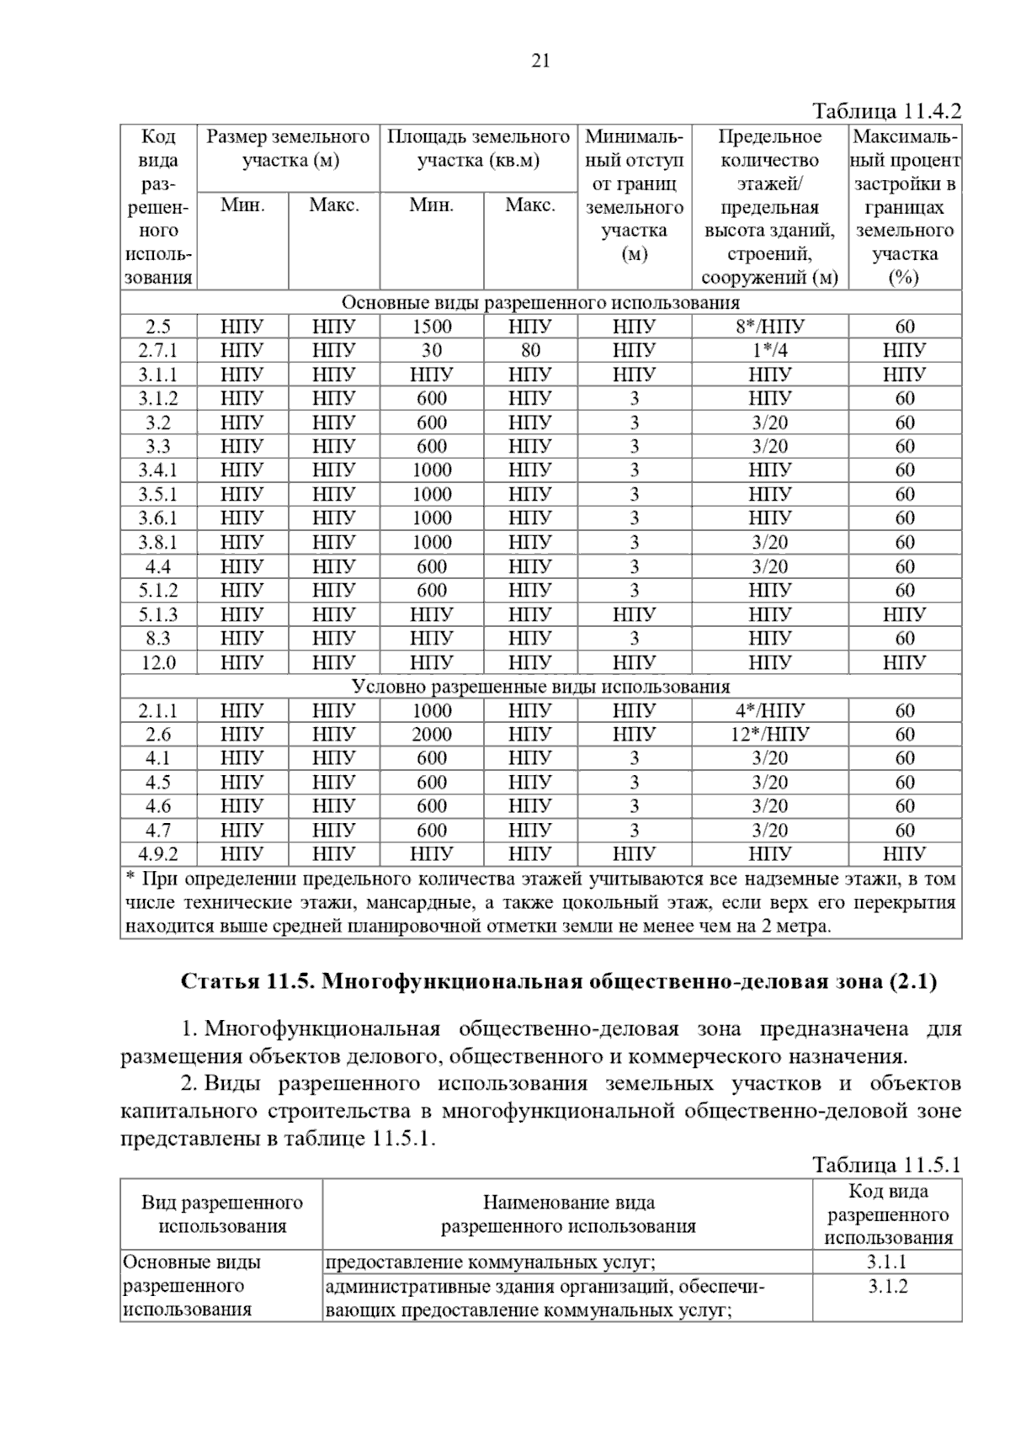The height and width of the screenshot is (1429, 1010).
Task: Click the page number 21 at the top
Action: tap(540, 61)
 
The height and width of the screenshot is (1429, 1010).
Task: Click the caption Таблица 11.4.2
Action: tap(886, 111)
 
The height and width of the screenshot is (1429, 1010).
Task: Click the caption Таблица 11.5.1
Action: tap(886, 1165)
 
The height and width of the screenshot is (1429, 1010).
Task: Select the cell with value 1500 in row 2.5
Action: tap(432, 327)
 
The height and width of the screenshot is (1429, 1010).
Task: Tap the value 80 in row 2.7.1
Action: tap(530, 350)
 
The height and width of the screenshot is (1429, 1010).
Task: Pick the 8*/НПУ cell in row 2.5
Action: tap(769, 327)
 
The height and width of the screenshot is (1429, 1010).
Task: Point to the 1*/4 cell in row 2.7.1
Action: tap(769, 350)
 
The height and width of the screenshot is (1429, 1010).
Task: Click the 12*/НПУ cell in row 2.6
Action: tap(769, 734)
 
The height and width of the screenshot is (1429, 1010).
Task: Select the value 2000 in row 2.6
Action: tap(432, 734)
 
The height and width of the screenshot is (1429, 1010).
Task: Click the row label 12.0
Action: tap(158, 662)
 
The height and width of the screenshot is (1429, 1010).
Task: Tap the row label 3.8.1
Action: tap(158, 542)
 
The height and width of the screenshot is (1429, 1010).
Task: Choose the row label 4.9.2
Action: tap(158, 854)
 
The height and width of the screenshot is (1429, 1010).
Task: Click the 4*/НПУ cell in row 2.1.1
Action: tap(769, 710)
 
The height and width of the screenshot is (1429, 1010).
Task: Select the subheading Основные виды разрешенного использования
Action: tap(540, 303)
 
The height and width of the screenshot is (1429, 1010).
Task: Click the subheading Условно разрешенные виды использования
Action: tap(540, 687)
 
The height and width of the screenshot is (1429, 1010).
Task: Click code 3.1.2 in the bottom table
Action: tap(887, 1287)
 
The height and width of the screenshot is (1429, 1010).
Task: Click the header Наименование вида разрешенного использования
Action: tap(568, 1214)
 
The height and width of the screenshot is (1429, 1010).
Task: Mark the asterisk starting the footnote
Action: tap(130, 879)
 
